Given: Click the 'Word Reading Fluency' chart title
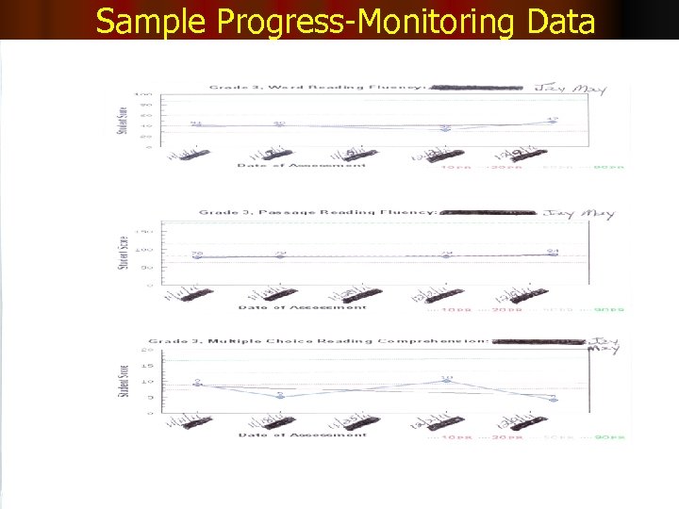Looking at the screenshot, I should coord(311,88).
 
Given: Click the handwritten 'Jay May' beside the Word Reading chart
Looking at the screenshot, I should coord(583,90).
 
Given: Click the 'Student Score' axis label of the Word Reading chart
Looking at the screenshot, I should coord(121,120).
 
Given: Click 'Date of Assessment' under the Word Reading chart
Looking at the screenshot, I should coord(302,167).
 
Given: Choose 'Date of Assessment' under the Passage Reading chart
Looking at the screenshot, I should coord(302,307).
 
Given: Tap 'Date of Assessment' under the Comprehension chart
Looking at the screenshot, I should coord(302,435).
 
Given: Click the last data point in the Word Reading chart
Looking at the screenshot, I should coord(553,121).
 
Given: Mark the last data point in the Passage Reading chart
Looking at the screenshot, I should coord(554,254).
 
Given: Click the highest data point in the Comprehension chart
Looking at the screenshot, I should coord(448,381).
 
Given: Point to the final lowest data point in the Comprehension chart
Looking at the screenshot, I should coord(554,400).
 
